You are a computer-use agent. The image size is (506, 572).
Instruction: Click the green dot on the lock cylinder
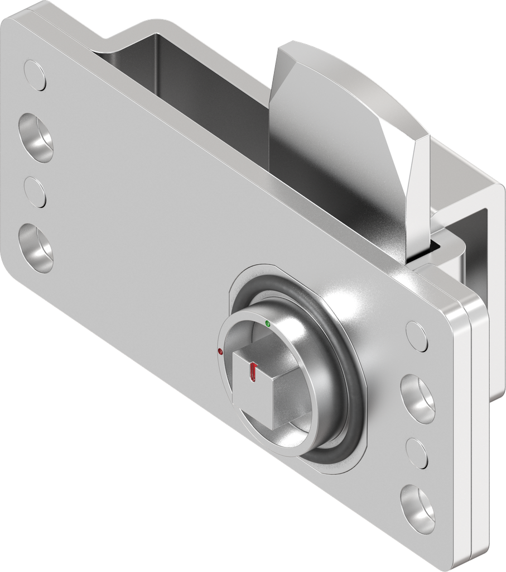268,323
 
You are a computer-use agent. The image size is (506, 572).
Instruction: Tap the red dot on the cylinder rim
220,352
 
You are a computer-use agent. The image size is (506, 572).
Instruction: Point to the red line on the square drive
254,372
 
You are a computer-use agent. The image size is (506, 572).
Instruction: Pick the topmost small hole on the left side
35,77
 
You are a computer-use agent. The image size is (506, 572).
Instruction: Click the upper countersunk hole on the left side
36,138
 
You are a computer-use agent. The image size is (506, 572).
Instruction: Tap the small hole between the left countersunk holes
35,192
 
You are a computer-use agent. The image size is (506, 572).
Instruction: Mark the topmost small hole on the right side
417,336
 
